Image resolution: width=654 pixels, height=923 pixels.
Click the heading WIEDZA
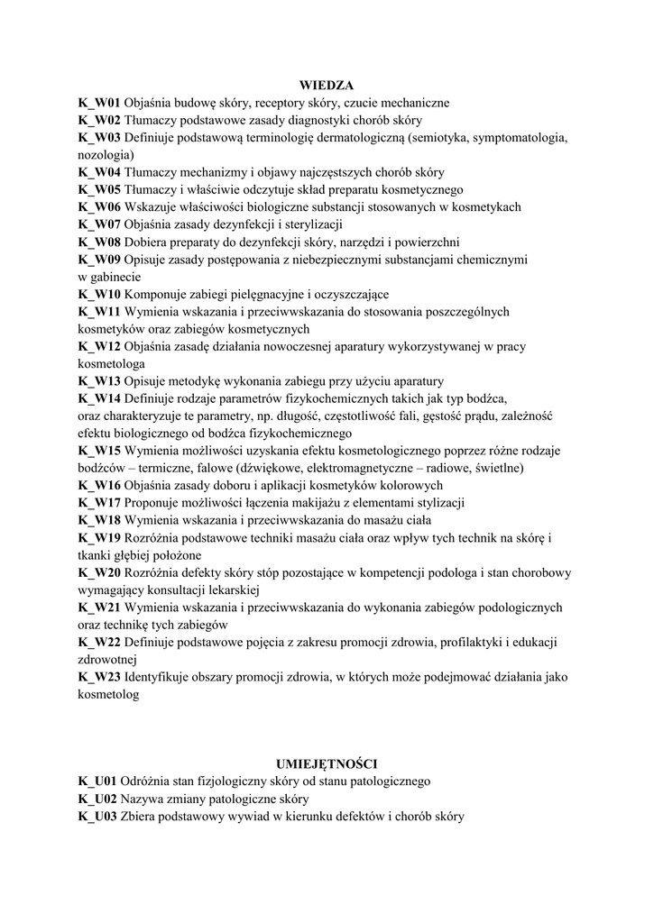pos(327,86)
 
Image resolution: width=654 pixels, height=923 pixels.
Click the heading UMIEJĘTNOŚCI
pos(327,763)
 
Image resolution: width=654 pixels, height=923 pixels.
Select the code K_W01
pos(99,103)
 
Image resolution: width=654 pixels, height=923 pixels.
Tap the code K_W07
pos(99,224)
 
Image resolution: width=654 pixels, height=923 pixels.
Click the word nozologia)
pos(106,155)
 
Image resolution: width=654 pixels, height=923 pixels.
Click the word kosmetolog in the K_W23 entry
pos(109,694)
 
